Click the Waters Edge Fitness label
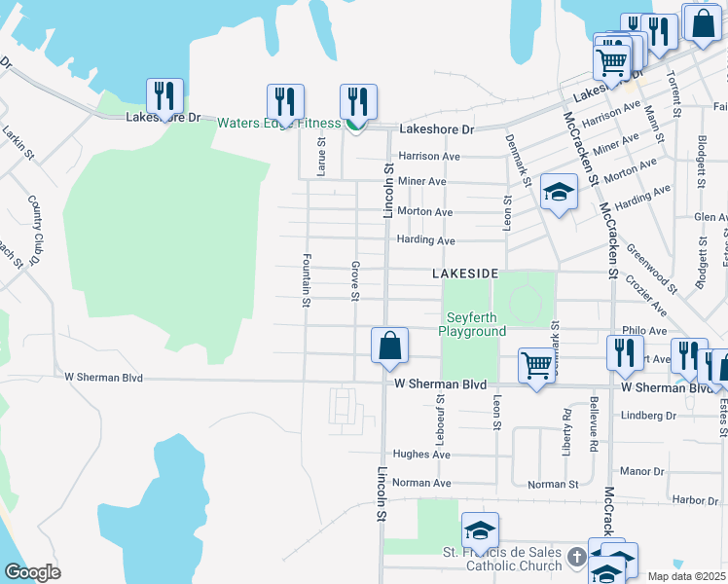coord(277,123)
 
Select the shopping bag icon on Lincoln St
coord(389,347)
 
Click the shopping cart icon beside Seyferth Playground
coord(536,367)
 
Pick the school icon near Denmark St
coord(559,193)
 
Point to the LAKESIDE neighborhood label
coord(465,274)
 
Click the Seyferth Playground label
coord(477,324)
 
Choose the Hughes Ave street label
coord(420,455)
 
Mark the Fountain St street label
coord(306,281)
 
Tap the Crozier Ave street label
coord(647,296)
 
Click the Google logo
coord(32,571)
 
